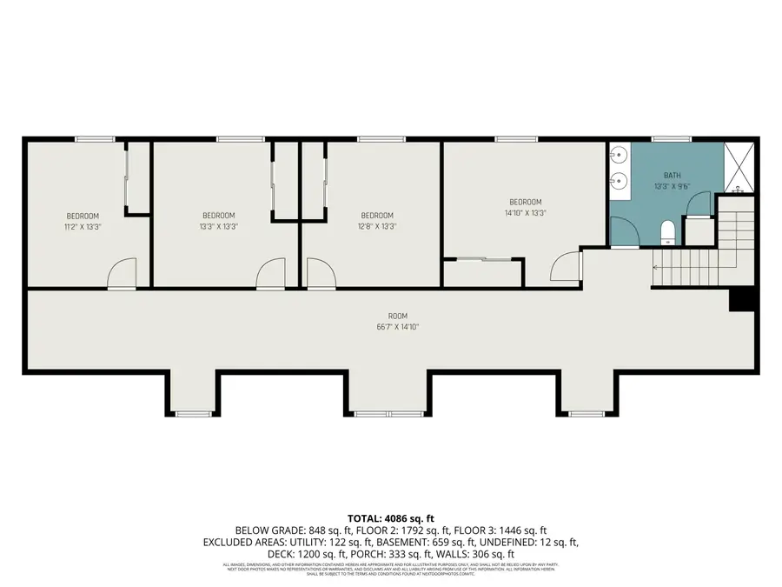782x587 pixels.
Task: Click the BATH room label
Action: coord(673,175)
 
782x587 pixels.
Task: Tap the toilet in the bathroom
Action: coord(667,231)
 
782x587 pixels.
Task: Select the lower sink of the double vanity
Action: coord(619,182)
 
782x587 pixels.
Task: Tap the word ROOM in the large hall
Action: coord(398,316)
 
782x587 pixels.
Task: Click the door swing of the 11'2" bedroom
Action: coord(123,273)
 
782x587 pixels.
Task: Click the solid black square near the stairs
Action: coord(740,299)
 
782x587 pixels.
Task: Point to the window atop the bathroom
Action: coord(671,138)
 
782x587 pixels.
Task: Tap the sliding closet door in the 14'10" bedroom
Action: coord(484,258)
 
